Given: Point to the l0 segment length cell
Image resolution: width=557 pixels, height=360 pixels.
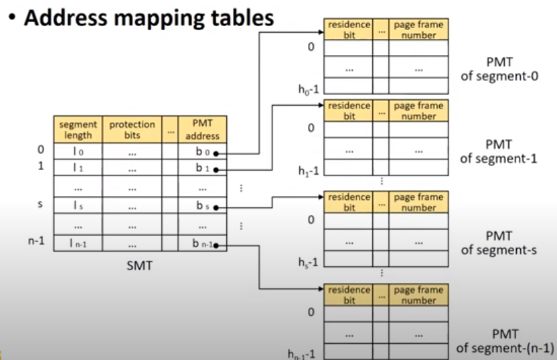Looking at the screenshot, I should (x=78, y=153).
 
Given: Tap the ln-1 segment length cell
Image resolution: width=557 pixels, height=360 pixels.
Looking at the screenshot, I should (x=78, y=244).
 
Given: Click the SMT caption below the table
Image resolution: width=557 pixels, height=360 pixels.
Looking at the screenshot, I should (x=140, y=266).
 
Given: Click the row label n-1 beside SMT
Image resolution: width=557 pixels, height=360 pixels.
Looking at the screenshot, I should (x=36, y=240).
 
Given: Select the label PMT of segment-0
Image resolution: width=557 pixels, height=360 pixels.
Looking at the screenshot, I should (x=499, y=69).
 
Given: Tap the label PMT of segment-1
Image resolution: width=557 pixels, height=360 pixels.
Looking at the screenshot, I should (x=499, y=151).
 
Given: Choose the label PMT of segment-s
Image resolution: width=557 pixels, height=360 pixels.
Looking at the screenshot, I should (x=499, y=243).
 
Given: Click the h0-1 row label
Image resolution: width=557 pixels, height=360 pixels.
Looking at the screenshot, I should (x=309, y=87).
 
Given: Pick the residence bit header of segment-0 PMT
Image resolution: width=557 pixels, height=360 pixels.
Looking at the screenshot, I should (x=348, y=29).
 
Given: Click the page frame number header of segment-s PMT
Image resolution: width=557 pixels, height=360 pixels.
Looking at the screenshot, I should (x=418, y=202).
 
